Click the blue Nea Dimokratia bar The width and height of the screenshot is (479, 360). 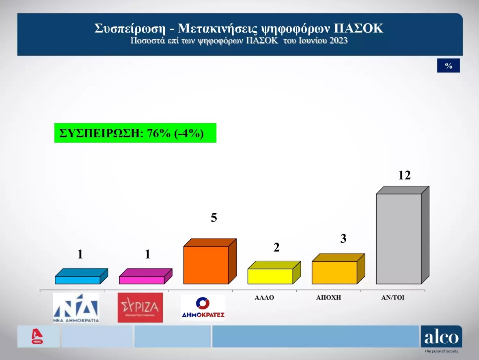81,276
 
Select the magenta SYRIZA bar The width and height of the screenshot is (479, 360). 146,276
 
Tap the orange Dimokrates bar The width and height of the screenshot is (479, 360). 210,262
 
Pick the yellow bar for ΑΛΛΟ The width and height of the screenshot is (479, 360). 274,273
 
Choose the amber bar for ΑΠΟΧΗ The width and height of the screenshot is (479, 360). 338,269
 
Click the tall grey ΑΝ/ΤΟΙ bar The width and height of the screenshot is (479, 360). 403,235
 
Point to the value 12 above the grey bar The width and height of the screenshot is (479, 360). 404,175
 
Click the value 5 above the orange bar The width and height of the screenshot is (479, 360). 214,217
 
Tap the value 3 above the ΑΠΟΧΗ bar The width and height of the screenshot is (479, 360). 343,239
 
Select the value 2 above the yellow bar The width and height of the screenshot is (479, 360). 276,247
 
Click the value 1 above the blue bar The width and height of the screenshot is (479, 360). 80,254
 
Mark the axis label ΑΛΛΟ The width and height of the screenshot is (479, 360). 264,297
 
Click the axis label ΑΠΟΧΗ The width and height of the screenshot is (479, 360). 328,297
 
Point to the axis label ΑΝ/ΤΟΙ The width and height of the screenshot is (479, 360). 393,297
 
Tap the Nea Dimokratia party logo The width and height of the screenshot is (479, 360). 76,308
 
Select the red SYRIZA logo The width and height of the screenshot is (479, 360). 140,308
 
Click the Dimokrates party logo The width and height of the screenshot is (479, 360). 203,308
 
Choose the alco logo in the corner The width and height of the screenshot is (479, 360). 441,339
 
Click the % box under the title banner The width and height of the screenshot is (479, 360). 449,65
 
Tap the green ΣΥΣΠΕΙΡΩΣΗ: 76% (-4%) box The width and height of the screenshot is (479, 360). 135,133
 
